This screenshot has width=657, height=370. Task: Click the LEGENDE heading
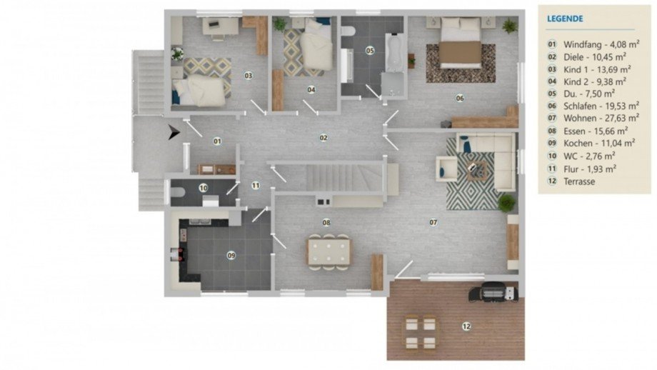[x=565, y=19]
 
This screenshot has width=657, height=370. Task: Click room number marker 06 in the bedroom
[x=460, y=98]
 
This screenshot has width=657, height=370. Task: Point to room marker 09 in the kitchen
[x=231, y=255]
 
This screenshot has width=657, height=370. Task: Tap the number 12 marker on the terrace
[x=466, y=326]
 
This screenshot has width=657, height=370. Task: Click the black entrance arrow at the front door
[x=174, y=132]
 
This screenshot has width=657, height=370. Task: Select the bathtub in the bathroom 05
[x=393, y=52]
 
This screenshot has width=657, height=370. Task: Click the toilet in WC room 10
[x=178, y=192]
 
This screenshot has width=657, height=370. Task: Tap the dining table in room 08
[x=329, y=252]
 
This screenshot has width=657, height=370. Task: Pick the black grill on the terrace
[x=493, y=291]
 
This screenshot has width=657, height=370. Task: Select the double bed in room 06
[x=460, y=43]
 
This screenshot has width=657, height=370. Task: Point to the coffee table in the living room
[x=477, y=171]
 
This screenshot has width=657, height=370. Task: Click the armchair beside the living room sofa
[x=446, y=169]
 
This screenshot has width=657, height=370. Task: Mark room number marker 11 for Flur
[x=256, y=185]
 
